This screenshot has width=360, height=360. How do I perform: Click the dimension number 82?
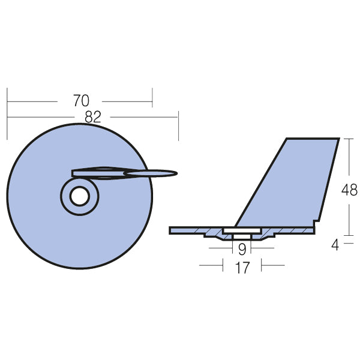(x=93, y=117)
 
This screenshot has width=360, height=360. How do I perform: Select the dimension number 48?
(x=349, y=190)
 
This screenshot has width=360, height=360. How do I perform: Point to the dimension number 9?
(x=242, y=248)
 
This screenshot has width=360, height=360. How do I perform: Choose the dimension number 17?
(x=242, y=268)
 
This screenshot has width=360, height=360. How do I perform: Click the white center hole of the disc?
(x=79, y=196)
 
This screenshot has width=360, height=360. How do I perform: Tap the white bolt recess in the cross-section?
(x=242, y=231)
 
